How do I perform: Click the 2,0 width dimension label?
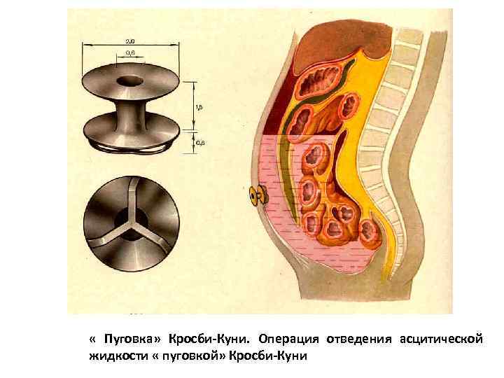pyautogui.click(x=131, y=41)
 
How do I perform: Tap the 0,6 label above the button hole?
pyautogui.click(x=131, y=52)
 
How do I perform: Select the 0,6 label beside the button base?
pyautogui.click(x=200, y=143)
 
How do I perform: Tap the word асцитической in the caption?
pyautogui.click(x=441, y=339)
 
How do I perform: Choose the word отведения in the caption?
pyautogui.click(x=359, y=339)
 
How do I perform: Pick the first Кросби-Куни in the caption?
pyautogui.click(x=210, y=339)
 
